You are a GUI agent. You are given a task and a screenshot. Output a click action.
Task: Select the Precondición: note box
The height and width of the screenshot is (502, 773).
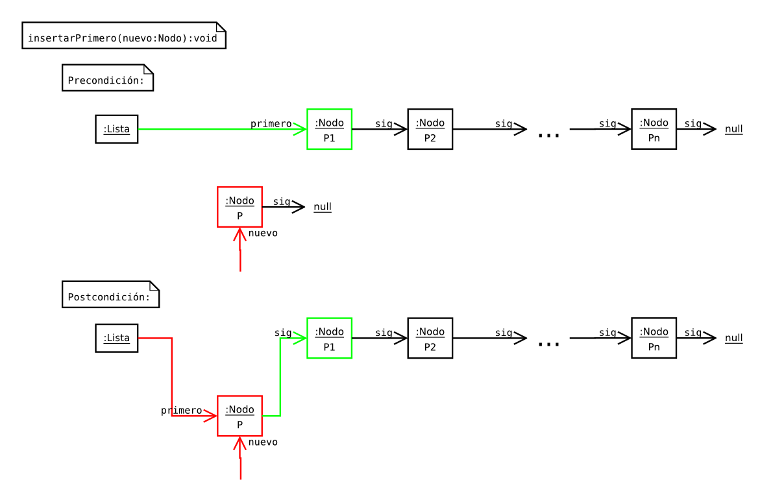tap(108, 78)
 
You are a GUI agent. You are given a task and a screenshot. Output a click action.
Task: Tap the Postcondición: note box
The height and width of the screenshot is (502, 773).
tap(110, 295)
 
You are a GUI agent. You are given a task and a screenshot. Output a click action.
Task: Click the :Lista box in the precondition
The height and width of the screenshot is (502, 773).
tap(117, 129)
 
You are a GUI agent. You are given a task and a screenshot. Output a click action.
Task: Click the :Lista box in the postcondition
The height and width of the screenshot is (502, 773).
tap(117, 338)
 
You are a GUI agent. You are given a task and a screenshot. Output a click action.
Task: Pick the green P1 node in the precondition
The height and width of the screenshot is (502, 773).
tap(329, 129)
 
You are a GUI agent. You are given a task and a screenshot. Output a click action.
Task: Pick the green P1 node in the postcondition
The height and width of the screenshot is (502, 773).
tap(329, 338)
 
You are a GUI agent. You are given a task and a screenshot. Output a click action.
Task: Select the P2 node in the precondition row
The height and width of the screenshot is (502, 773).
tap(430, 129)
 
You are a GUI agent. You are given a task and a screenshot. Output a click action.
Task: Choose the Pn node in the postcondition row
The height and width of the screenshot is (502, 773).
tap(654, 338)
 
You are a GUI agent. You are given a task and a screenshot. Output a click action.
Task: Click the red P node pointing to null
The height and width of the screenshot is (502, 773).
tap(239, 207)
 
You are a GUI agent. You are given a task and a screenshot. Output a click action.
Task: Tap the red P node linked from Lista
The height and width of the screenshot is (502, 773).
tap(239, 416)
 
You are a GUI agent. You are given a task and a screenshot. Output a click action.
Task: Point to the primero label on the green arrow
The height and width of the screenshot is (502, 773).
tap(271, 124)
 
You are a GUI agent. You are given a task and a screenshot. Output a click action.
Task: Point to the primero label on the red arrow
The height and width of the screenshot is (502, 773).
tap(181, 411)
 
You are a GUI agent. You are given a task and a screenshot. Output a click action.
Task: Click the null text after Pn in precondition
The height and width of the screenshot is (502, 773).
tap(733, 129)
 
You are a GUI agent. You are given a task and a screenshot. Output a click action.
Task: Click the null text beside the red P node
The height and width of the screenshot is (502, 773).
tap(323, 207)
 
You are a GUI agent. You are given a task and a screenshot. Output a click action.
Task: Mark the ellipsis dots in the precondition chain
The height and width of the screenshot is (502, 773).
tap(548, 135)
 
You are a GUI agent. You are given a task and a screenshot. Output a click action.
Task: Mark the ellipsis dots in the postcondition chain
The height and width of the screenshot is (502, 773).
tap(548, 344)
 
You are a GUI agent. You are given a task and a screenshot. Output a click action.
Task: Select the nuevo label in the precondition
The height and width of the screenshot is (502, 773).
tap(263, 233)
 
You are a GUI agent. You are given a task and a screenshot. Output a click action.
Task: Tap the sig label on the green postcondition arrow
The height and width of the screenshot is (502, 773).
tap(282, 333)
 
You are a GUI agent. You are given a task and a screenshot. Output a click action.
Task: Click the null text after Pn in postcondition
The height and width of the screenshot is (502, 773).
tap(733, 338)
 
